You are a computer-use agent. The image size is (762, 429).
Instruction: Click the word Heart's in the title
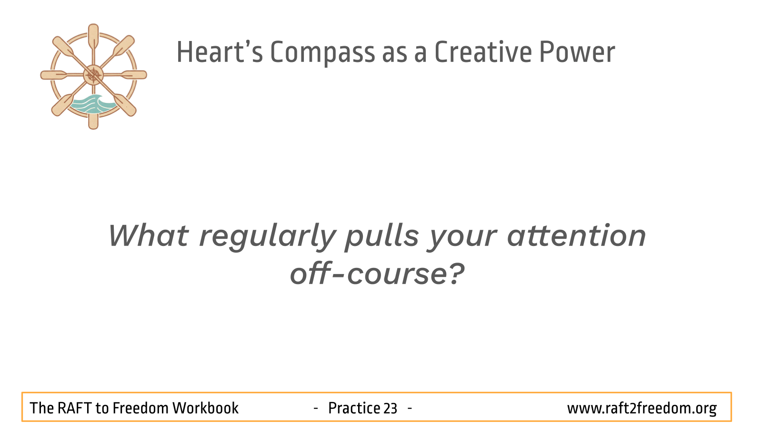(220, 52)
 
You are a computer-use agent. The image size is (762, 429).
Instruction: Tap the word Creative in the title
(483, 52)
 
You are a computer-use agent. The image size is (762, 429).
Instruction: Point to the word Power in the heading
(577, 52)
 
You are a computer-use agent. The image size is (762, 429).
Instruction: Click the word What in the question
(148, 235)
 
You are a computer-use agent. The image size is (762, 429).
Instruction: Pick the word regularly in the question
(268, 237)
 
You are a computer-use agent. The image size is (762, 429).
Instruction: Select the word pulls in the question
(381, 237)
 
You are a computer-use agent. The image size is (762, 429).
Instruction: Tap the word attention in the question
(576, 235)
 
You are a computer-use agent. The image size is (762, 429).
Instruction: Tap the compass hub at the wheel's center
(93, 75)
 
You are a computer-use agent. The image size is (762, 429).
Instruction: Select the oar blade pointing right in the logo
(134, 75)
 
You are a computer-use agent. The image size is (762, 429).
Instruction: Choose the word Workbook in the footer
(205, 408)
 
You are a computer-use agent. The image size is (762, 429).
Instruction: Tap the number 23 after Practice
(390, 408)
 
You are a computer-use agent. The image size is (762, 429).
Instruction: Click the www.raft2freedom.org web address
(642, 408)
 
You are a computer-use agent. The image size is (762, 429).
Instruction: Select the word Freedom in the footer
(140, 408)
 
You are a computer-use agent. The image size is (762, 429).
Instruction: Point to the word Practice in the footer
(354, 408)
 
